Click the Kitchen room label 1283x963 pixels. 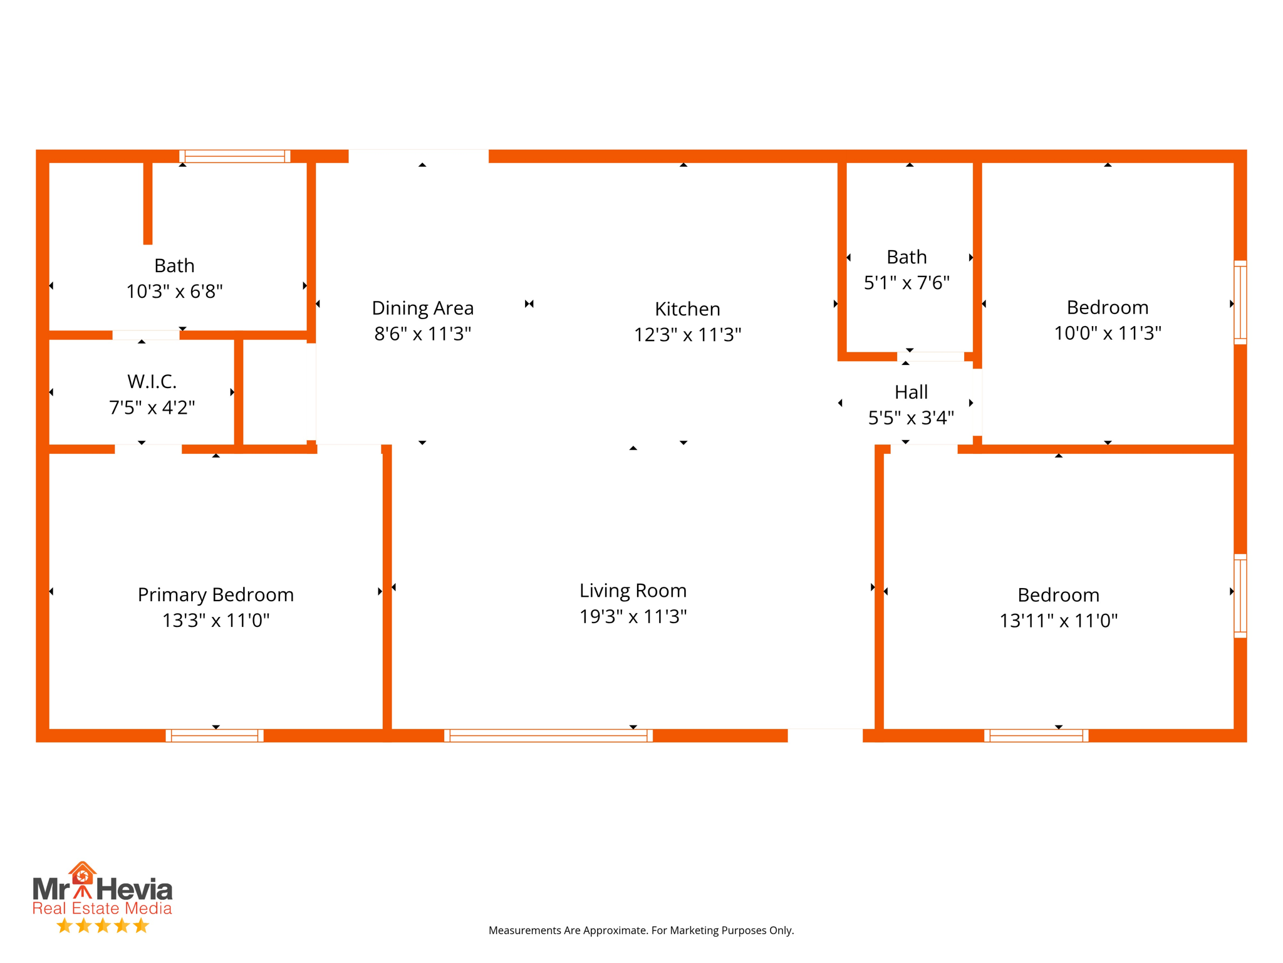pyautogui.click(x=687, y=309)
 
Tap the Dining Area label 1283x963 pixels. pyautogui.click(x=423, y=308)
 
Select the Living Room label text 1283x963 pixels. pyautogui.click(x=633, y=591)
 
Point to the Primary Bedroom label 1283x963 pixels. pyautogui.click(x=216, y=594)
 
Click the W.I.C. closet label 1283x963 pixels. pyautogui.click(x=152, y=381)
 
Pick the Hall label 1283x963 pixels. pyautogui.click(x=911, y=392)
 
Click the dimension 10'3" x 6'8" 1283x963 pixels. pyautogui.click(x=174, y=292)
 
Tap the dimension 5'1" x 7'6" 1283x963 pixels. pyautogui.click(x=906, y=283)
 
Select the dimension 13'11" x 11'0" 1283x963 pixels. pyautogui.click(x=1058, y=621)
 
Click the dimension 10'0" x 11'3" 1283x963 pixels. pyautogui.click(x=1107, y=333)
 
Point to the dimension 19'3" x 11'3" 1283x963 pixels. pyautogui.click(x=633, y=616)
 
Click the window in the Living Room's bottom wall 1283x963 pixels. pyautogui.click(x=548, y=735)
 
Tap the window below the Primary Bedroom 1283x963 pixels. pyautogui.click(x=214, y=735)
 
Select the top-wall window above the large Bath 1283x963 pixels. pyautogui.click(x=235, y=156)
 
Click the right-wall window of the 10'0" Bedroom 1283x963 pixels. pyautogui.click(x=1240, y=302)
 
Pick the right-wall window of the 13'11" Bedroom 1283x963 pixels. pyautogui.click(x=1240, y=596)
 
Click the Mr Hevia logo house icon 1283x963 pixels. pyautogui.click(x=82, y=873)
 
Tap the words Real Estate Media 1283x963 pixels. pyautogui.click(x=102, y=908)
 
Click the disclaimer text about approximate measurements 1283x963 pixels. pyautogui.click(x=641, y=930)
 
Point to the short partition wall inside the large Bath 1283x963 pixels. pyautogui.click(x=148, y=203)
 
